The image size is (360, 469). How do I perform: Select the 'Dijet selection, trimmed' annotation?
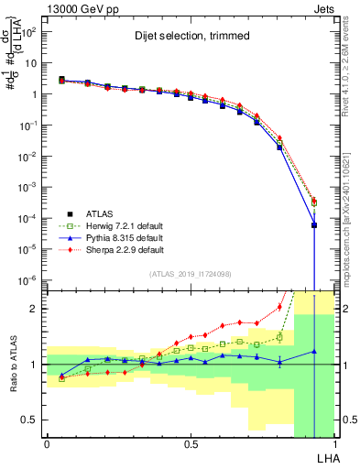187,38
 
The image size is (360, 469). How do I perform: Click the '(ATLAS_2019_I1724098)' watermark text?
191,274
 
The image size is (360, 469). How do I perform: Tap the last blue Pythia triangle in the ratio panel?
314,351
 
